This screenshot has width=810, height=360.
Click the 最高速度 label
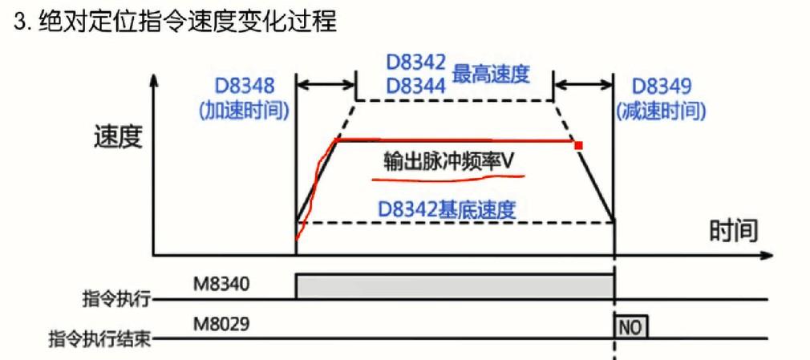pos(492,75)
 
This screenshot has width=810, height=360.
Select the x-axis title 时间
pos(733,231)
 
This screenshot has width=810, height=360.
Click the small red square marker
pos(577,145)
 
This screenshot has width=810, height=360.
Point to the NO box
pos(631,327)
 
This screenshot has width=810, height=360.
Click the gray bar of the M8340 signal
pos(455,285)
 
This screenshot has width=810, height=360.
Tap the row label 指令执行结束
pos(100,338)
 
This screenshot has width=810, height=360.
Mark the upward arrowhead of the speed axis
pos(155,81)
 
